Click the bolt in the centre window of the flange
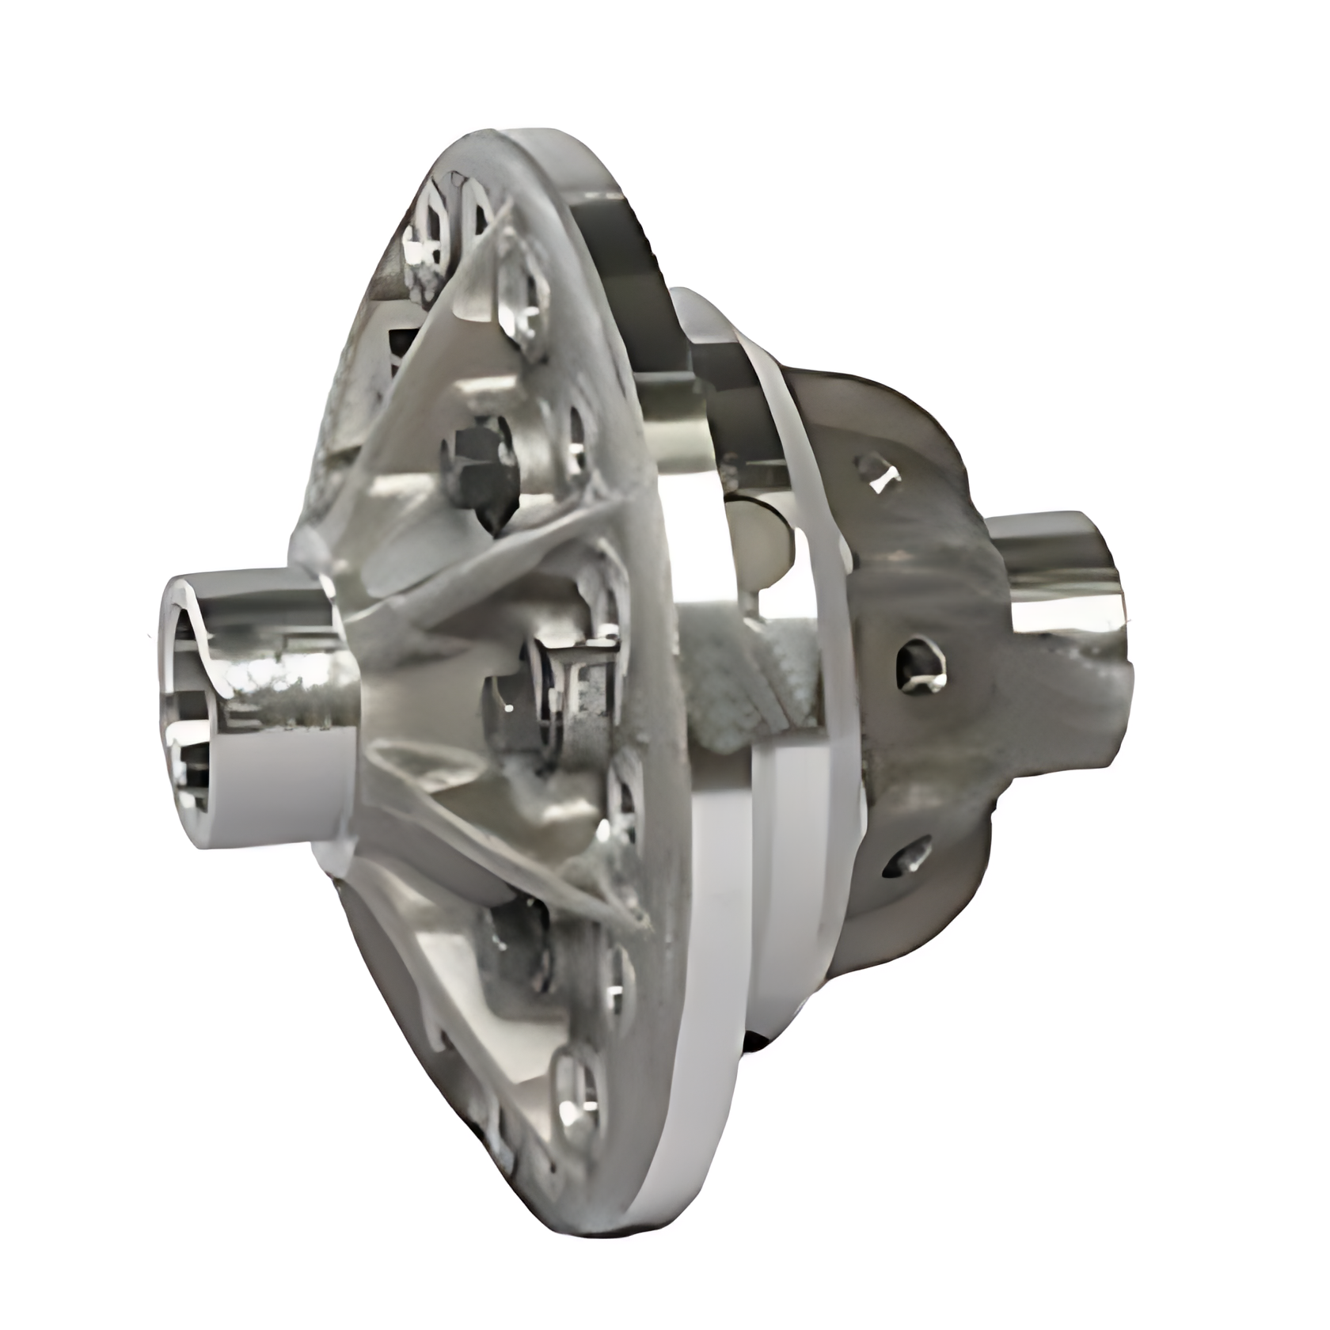tap(546, 697)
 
